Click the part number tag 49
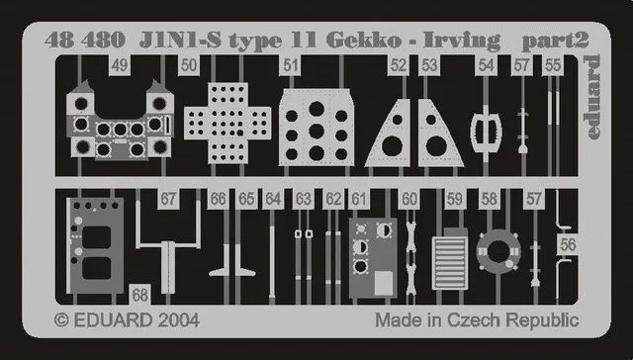point(120,65)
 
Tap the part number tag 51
point(290,65)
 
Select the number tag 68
point(140,295)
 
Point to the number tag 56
point(568,244)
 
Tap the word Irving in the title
point(462,42)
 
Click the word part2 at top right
point(556,42)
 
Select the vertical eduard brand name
point(591,97)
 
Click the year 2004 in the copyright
point(178,320)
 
